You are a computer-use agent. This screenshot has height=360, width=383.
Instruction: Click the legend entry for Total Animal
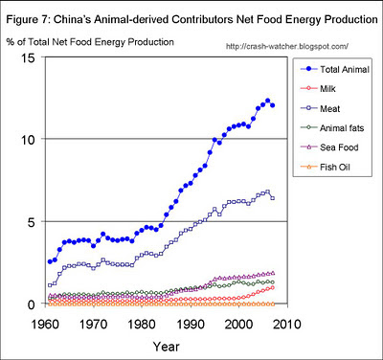click(x=330, y=69)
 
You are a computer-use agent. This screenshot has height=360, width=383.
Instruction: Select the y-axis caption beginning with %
click(x=92, y=41)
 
